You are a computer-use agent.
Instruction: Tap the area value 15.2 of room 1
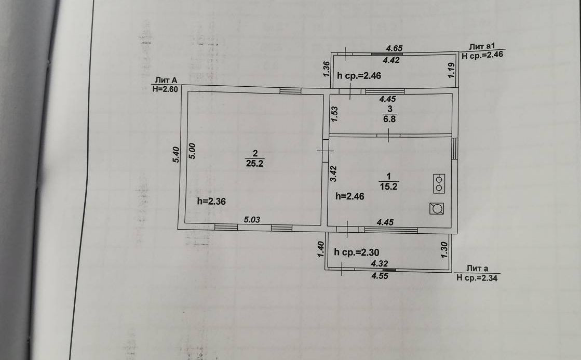[388, 187]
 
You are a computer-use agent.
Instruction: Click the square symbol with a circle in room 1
[437, 209]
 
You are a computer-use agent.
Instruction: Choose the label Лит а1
[482, 46]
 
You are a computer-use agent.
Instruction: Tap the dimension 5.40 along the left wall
[175, 155]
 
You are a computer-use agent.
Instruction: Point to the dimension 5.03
[252, 220]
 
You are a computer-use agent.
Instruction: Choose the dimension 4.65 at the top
[394, 48]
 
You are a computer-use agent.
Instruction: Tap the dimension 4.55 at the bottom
[380, 276]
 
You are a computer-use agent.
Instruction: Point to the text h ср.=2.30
[358, 252]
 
